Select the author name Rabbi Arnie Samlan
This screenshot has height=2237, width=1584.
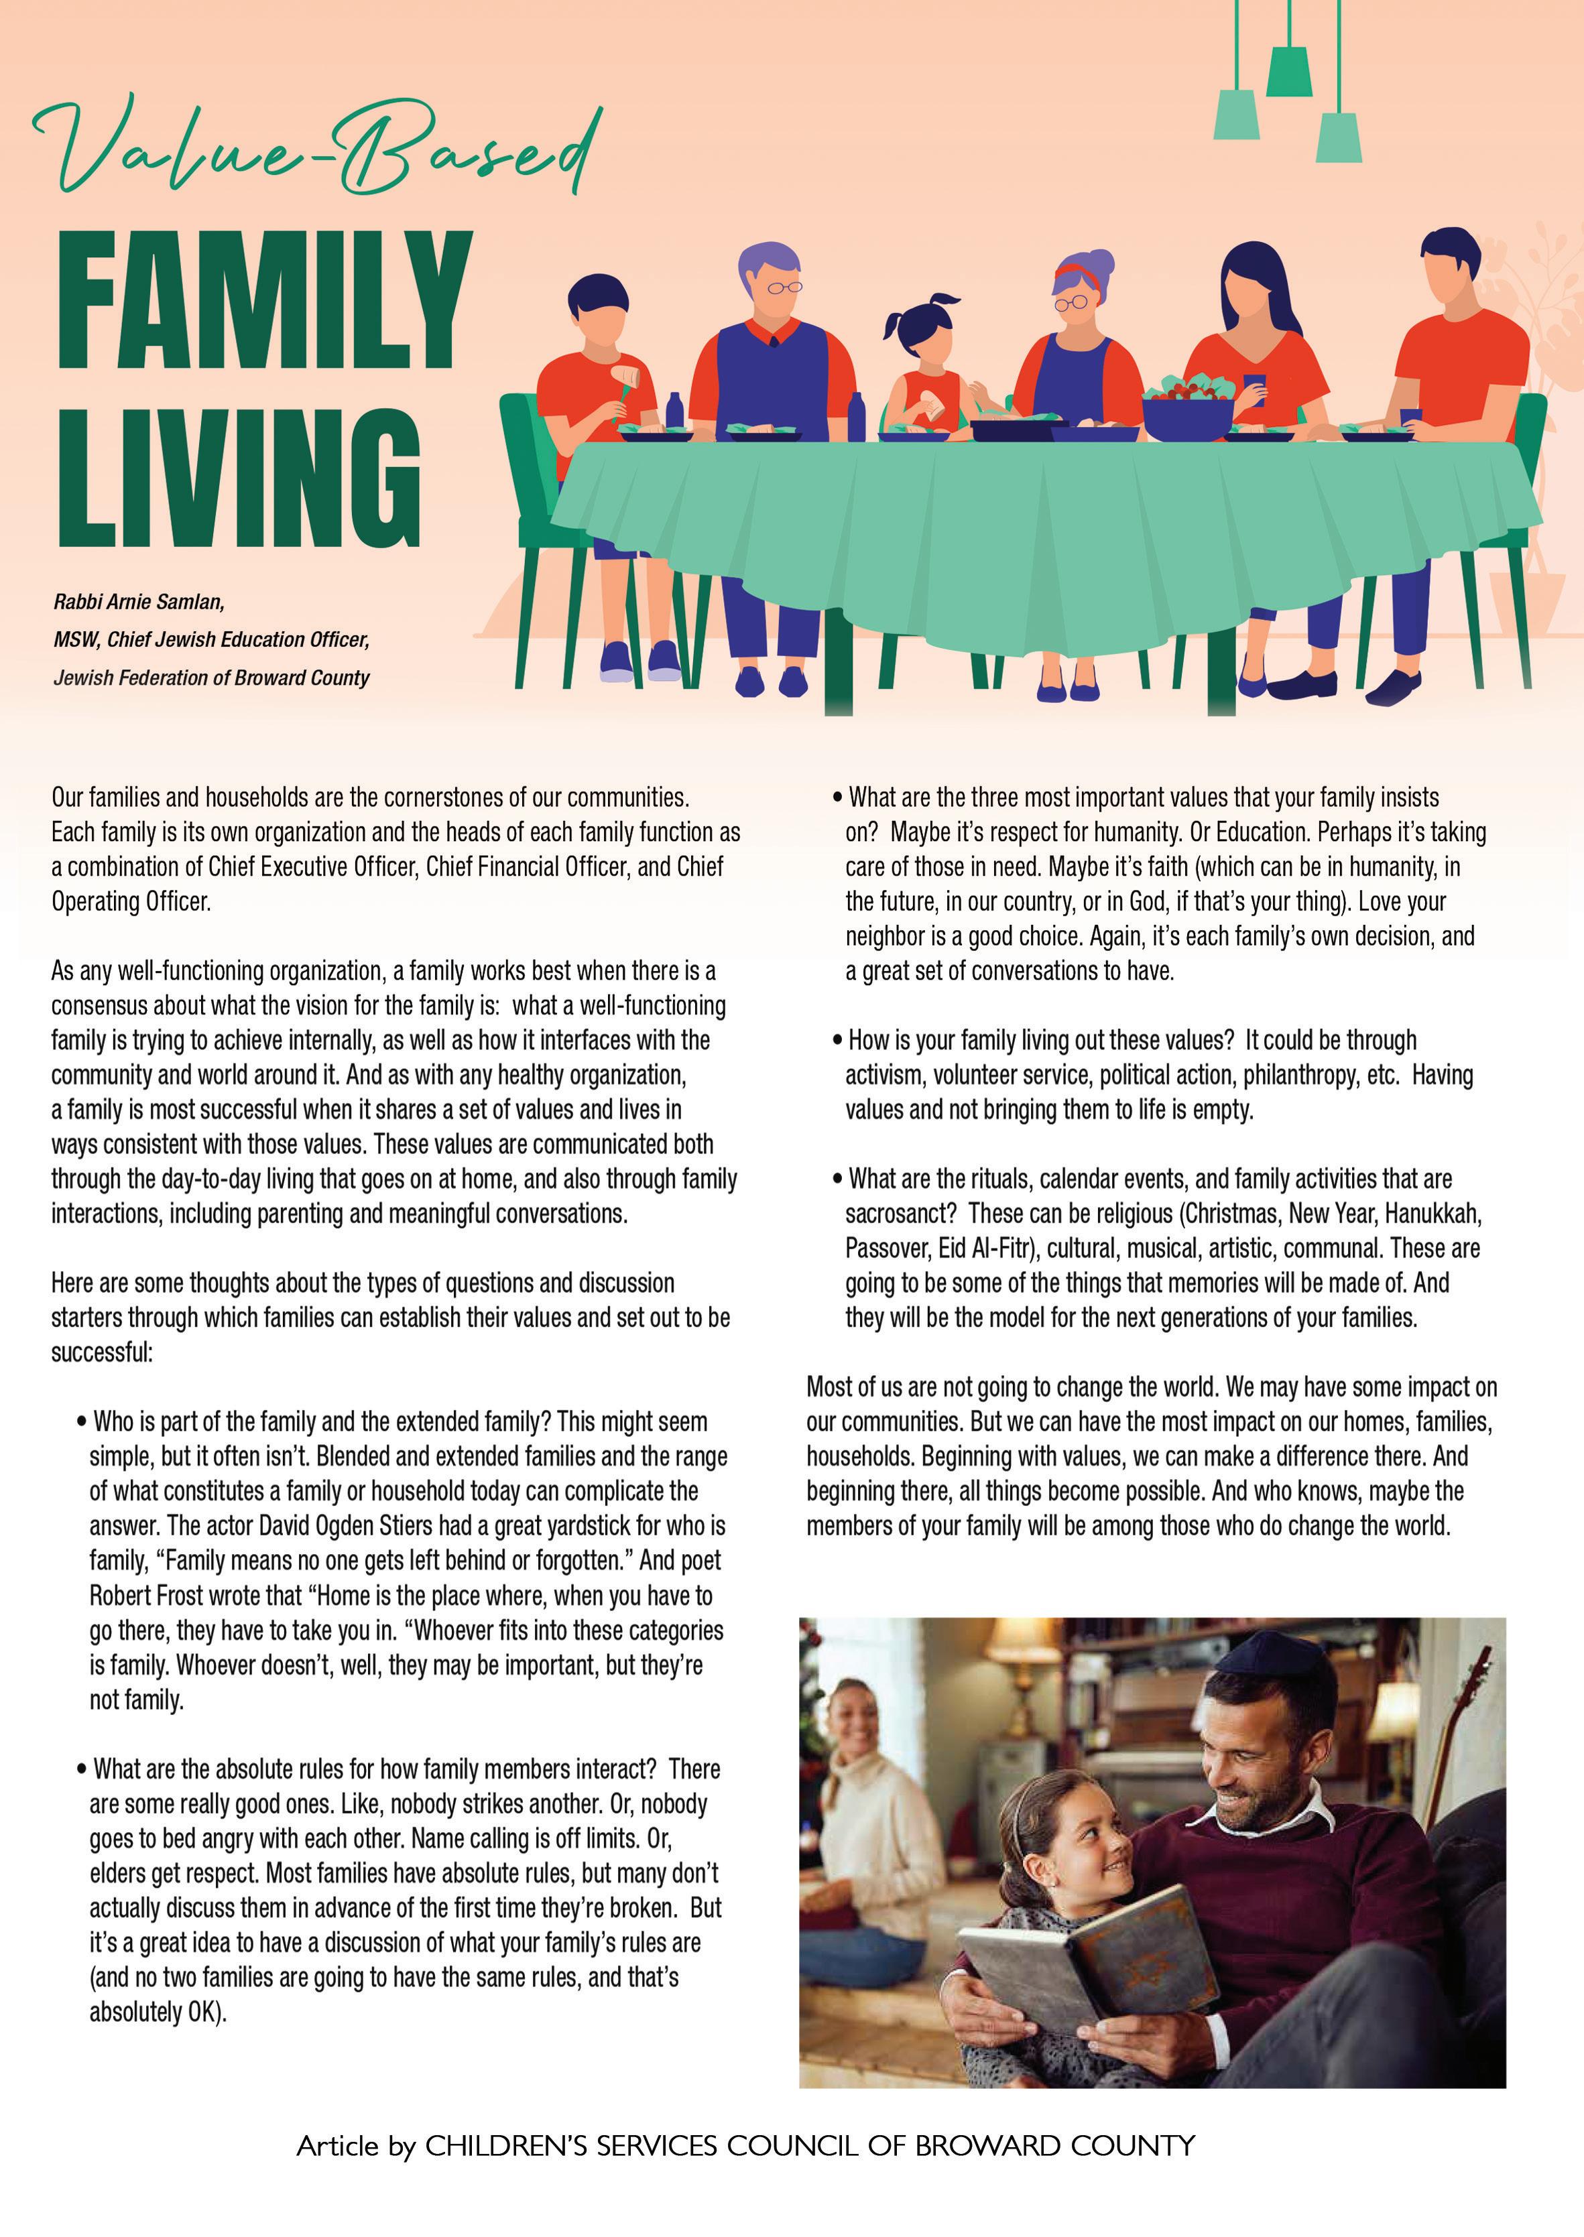tap(139, 602)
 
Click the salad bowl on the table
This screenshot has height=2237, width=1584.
tap(1187, 409)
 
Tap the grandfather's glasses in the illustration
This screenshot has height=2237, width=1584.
tap(783, 287)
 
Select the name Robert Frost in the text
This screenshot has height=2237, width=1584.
tap(146, 1596)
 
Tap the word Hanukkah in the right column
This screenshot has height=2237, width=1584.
tap(1432, 1214)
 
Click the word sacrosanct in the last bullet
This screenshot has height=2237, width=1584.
tap(894, 1214)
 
